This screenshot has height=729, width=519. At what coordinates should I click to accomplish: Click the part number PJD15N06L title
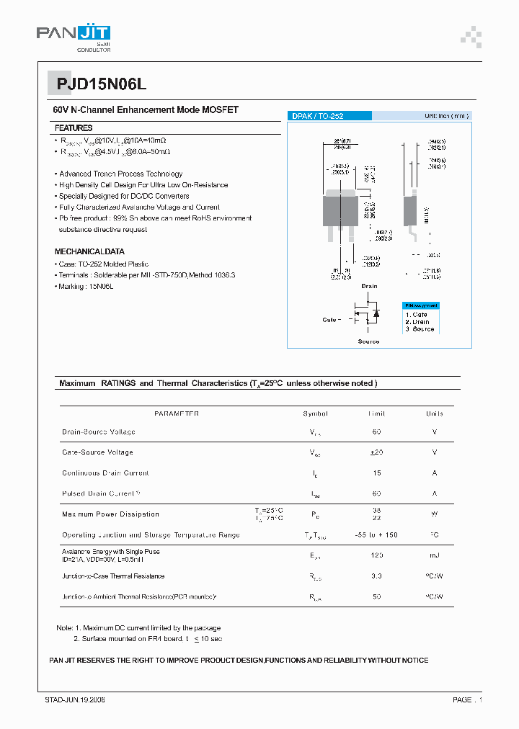[101, 84]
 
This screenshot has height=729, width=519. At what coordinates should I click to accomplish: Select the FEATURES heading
[74, 128]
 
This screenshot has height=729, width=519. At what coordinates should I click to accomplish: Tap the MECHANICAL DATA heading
[89, 252]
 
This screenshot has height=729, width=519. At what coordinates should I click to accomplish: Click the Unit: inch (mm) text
[446, 116]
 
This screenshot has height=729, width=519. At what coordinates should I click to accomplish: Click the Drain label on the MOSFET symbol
[369, 286]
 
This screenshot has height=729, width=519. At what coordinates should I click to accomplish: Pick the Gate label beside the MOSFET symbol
[331, 319]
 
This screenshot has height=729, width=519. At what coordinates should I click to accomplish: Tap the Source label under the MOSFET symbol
[368, 341]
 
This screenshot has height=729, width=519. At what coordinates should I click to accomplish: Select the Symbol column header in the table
[316, 413]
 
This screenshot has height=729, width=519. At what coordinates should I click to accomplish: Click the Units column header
[435, 413]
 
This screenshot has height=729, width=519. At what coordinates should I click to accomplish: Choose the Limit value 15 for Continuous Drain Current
[377, 473]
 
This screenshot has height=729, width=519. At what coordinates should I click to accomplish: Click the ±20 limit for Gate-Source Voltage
[377, 452]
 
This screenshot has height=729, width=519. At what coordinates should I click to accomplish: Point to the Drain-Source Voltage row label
[99, 432]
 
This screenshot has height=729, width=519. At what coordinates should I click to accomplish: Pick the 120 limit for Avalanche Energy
[377, 555]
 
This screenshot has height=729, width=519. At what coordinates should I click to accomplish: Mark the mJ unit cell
[435, 555]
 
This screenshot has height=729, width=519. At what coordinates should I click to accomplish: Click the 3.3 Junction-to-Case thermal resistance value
[377, 576]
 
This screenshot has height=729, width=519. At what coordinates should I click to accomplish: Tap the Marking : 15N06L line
[86, 287]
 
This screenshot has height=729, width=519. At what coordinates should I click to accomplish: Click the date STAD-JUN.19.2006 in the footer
[69, 700]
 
